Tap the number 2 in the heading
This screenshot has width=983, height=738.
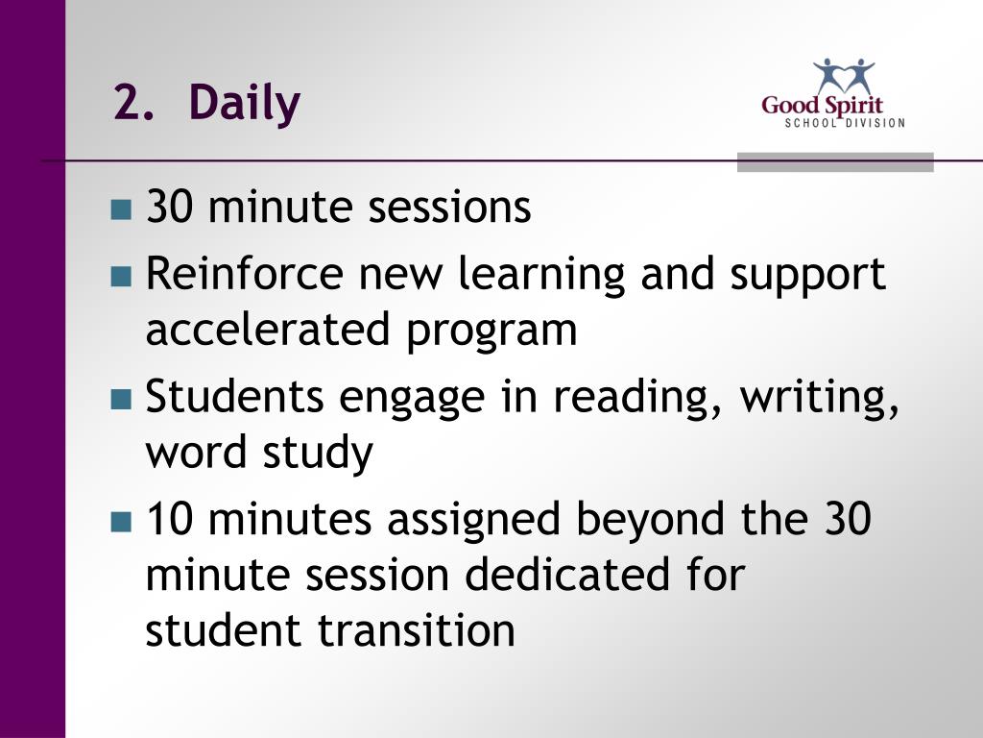tap(128, 102)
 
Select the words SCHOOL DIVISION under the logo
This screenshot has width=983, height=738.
tap(845, 123)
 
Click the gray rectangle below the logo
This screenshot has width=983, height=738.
tap(835, 161)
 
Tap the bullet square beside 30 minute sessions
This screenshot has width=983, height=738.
tap(121, 209)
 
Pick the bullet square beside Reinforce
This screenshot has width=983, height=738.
tap(121, 276)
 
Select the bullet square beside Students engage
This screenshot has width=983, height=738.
tap(121, 399)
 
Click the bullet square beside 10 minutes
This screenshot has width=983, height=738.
tap(121, 522)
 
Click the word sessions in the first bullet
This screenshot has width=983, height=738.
tap(449, 208)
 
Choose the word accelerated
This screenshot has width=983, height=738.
tap(268, 329)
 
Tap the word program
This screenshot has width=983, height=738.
tap(491, 332)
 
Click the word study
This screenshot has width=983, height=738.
tap(318, 453)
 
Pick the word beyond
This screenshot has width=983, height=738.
tap(650, 520)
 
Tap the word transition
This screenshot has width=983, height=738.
tap(417, 629)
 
